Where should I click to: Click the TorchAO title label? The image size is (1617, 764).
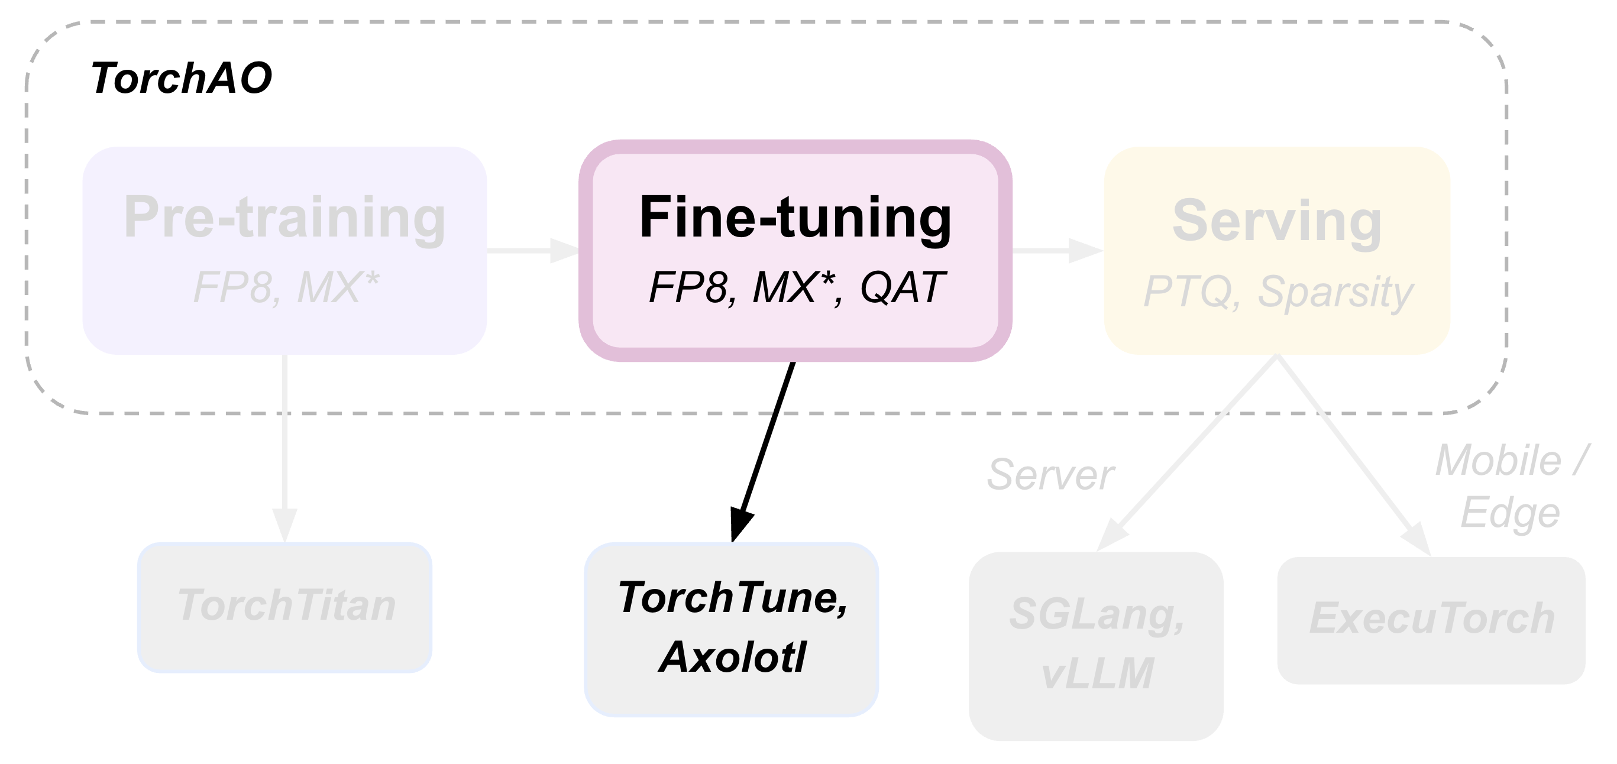coord(181,79)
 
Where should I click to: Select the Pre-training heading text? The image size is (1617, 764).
coord(284,217)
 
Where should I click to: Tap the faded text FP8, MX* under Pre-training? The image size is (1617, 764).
coord(286,287)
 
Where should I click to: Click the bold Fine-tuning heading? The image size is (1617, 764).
coord(795,217)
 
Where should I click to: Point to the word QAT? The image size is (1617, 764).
coord(901,287)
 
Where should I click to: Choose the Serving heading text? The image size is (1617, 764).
coord(1277,221)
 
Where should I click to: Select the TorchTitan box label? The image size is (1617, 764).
coord(286,605)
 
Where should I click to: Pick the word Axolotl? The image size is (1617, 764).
coord(732,656)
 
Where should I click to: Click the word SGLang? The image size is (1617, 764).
coord(1096,614)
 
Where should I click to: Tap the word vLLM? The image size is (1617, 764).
coord(1096,673)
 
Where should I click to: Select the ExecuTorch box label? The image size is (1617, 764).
coord(1431,619)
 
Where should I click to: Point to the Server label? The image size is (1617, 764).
coord(1050,475)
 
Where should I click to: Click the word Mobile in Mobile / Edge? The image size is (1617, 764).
coord(1498,461)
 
